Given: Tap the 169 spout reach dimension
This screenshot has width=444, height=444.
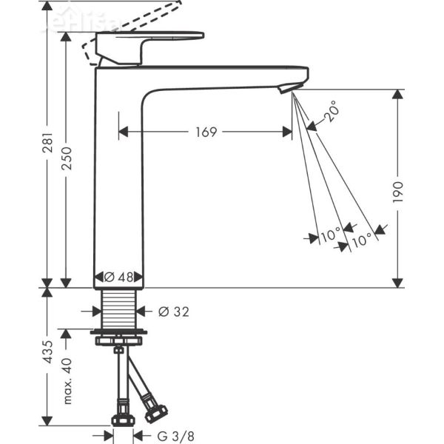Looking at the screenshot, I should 206,132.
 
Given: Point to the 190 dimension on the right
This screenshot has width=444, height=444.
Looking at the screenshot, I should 398,190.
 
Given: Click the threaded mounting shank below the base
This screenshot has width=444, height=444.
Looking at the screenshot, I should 120,310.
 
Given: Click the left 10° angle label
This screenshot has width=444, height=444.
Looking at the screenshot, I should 329,237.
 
